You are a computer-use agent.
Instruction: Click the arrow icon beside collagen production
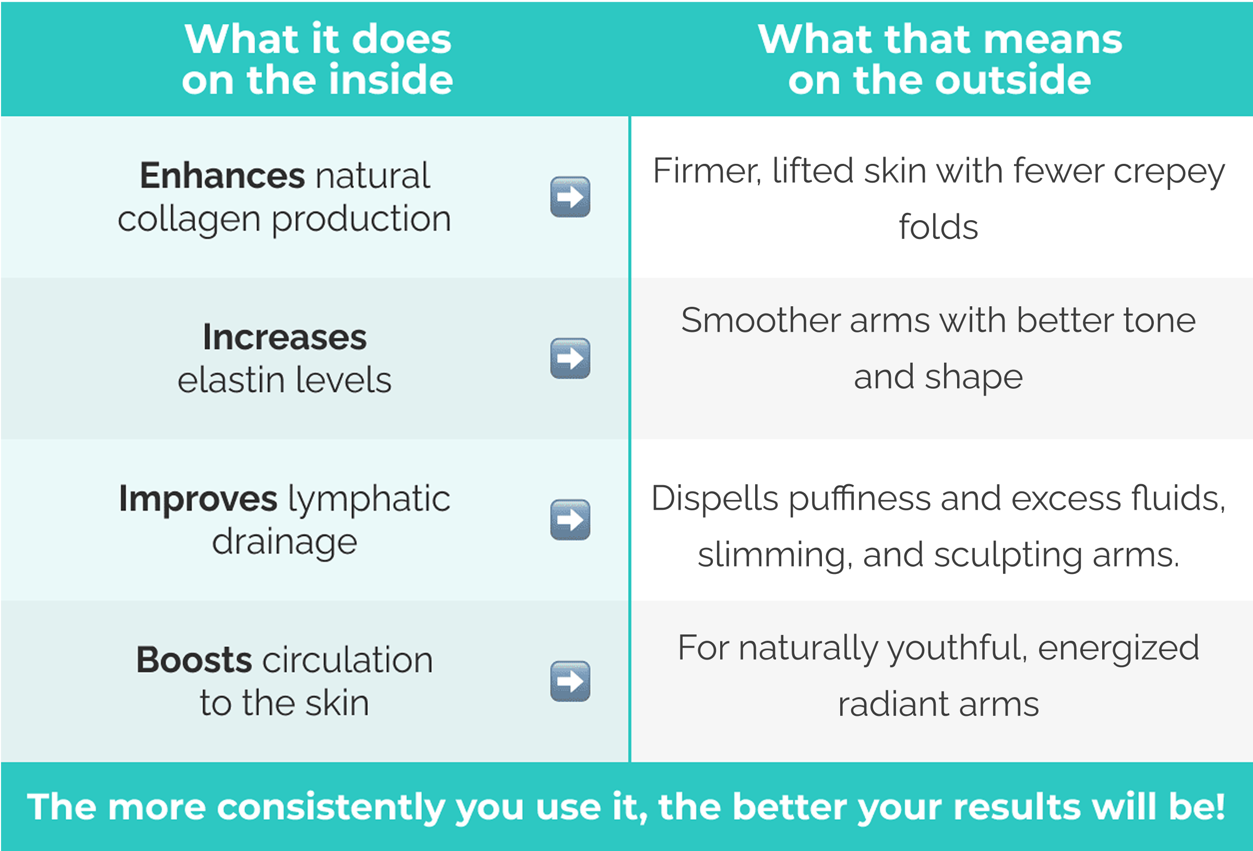(570, 197)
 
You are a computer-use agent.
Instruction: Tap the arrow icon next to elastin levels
(570, 358)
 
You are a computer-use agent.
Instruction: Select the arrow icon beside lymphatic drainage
(570, 520)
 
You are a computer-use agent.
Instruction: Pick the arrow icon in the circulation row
(570, 681)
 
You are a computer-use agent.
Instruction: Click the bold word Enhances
(222, 176)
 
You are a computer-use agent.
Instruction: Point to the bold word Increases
(284, 338)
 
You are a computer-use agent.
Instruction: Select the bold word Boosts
(194, 660)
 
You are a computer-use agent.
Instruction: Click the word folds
(938, 226)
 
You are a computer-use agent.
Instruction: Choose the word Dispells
(715, 498)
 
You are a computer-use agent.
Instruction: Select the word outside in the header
(1013, 80)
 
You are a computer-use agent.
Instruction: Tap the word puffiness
(860, 498)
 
